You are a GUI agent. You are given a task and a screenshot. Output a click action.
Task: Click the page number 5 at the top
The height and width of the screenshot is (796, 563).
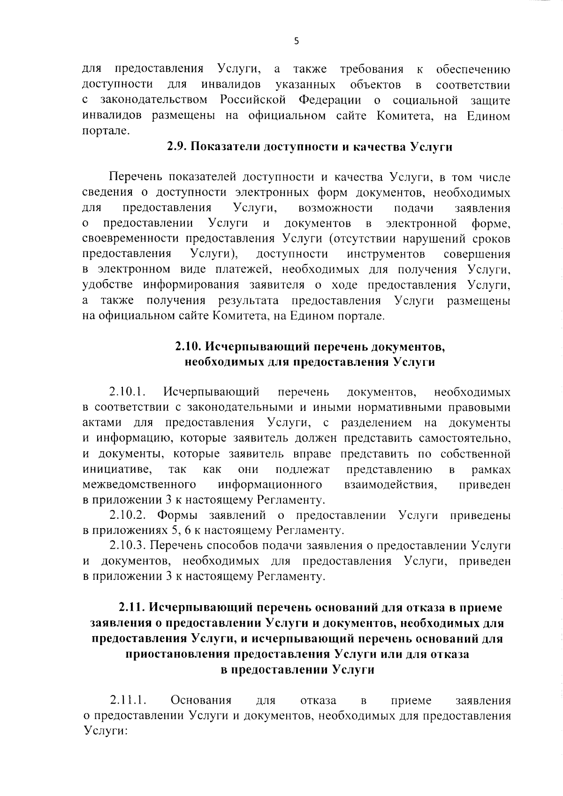(x=296, y=41)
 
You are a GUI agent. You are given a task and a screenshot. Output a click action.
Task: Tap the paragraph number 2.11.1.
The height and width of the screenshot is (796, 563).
(x=128, y=701)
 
